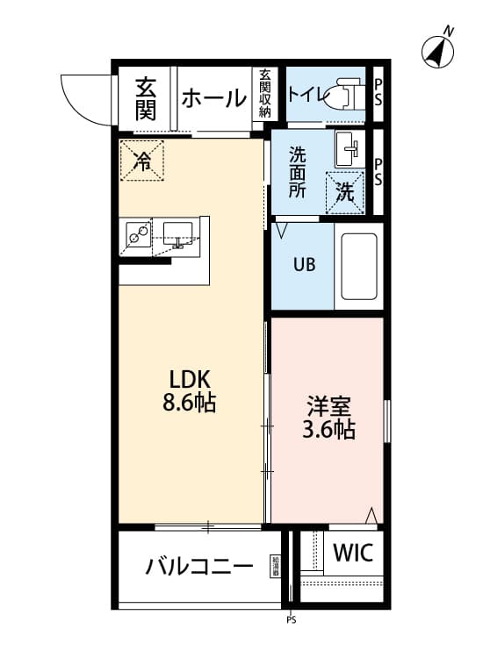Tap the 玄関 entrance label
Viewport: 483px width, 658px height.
pyautogui.click(x=146, y=98)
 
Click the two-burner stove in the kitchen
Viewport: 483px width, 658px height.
pyautogui.click(x=138, y=234)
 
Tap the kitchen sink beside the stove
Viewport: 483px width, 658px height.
pyautogui.click(x=179, y=234)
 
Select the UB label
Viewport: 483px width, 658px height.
pyautogui.click(x=303, y=264)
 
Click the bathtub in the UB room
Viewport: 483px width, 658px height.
pyautogui.click(x=358, y=267)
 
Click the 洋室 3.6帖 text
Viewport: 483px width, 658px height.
pyautogui.click(x=329, y=418)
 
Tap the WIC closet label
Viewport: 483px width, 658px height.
pyautogui.click(x=352, y=554)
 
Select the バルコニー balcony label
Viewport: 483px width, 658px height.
pyautogui.click(x=199, y=566)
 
